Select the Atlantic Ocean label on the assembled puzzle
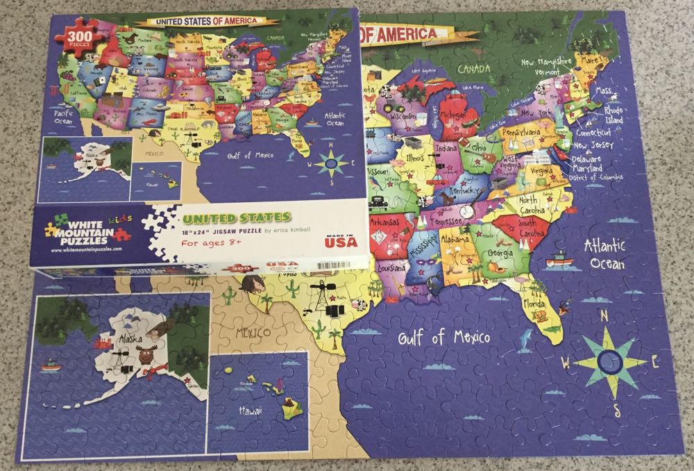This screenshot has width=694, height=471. [x=605, y=254]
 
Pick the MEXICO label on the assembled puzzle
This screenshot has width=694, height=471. [x=252, y=333]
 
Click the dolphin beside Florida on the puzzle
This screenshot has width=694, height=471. [x=527, y=336]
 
